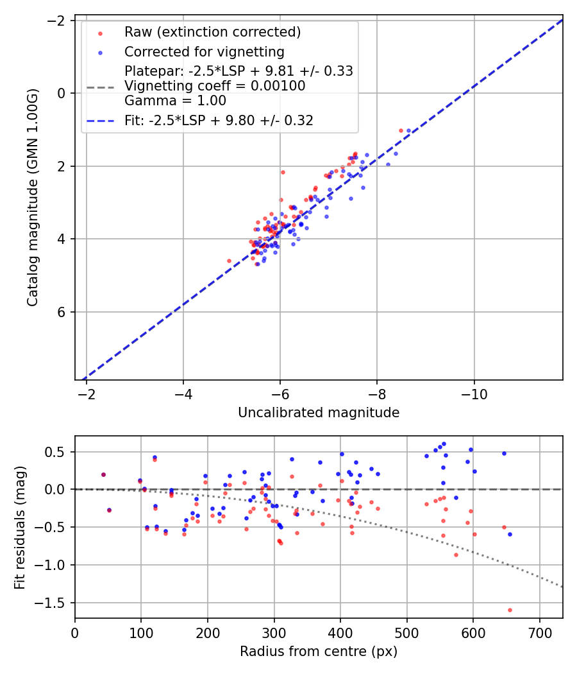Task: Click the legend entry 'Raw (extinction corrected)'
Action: [212, 32]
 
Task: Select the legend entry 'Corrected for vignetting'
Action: [204, 51]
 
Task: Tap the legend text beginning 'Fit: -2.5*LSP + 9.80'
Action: [219, 121]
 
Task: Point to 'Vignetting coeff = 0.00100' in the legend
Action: [215, 86]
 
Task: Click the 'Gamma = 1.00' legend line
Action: [175, 100]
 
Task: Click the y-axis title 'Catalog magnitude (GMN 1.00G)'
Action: [33, 198]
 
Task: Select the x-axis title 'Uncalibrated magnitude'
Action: [319, 413]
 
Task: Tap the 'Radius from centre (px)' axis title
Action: [319, 652]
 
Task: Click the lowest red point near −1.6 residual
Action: [510, 610]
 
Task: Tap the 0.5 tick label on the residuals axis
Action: [59, 452]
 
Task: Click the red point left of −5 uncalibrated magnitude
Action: [229, 261]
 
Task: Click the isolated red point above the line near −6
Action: [283, 172]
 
